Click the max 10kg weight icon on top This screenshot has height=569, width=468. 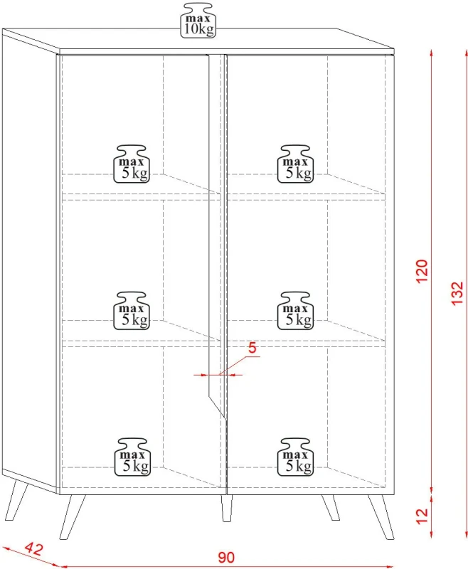click(198, 21)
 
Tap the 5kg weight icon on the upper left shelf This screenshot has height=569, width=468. click(132, 164)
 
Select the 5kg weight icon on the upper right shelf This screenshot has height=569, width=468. click(295, 164)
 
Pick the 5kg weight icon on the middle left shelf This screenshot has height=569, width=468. click(132, 311)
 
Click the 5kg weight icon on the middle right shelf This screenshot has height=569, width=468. click(295, 311)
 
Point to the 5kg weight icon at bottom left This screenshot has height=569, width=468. click(132, 457)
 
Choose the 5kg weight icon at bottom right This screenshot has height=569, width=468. click(295, 457)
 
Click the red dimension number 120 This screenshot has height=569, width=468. click(422, 271)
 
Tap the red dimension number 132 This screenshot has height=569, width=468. click(457, 293)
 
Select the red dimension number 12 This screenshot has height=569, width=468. click(422, 516)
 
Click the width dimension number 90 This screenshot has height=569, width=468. click(226, 558)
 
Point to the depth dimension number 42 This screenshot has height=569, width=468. click(34, 549)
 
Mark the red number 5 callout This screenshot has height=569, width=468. click(252, 348)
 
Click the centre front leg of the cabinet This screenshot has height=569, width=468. click(227, 508)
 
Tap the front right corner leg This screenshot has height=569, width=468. click(381, 516)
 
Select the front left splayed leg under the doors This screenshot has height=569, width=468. click(73, 516)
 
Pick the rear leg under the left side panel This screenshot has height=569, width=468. click(16, 500)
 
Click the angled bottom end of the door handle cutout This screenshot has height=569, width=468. click(218, 407)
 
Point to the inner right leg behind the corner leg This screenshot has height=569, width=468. click(331, 507)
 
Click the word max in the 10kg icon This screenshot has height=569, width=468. click(198, 18)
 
